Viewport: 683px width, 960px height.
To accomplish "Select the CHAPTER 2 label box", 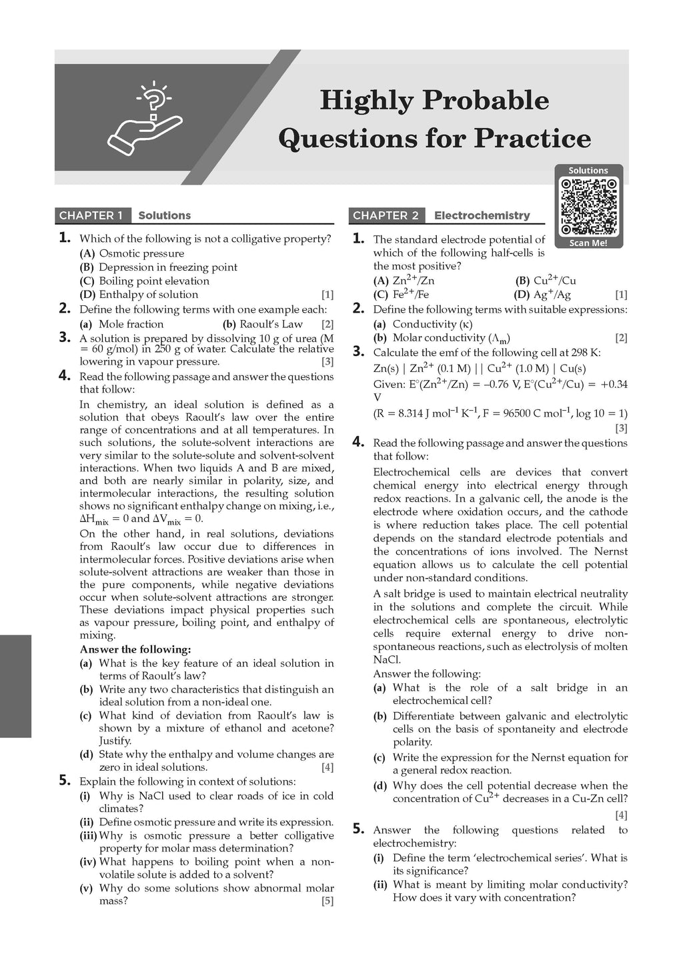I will tap(386, 215).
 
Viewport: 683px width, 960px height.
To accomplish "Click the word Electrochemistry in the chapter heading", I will tap(482, 215).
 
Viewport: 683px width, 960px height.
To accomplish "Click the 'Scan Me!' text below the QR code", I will tap(588, 243).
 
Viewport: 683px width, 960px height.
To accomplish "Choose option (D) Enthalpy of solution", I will tap(139, 295).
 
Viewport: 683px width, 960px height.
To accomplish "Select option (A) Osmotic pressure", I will tap(132, 253).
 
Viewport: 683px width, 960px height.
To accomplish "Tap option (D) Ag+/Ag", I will tap(542, 295).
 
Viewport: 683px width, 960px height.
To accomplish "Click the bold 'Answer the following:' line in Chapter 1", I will tap(135, 649).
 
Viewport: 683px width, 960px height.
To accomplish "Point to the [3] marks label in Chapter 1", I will tap(327, 362).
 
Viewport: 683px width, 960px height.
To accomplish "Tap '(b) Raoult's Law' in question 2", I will tap(263, 324).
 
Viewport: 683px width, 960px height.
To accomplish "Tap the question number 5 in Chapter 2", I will tap(359, 829).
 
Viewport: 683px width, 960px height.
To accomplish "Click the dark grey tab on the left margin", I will tap(15, 686).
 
